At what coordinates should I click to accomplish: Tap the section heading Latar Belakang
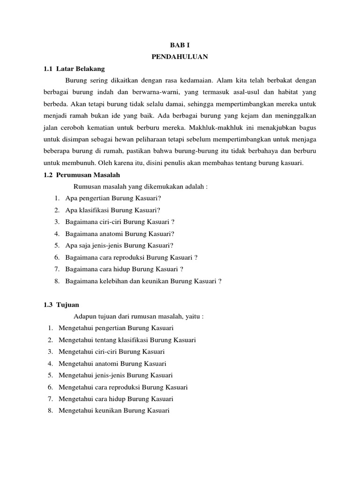80,68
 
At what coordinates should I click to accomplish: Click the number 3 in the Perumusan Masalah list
56,221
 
